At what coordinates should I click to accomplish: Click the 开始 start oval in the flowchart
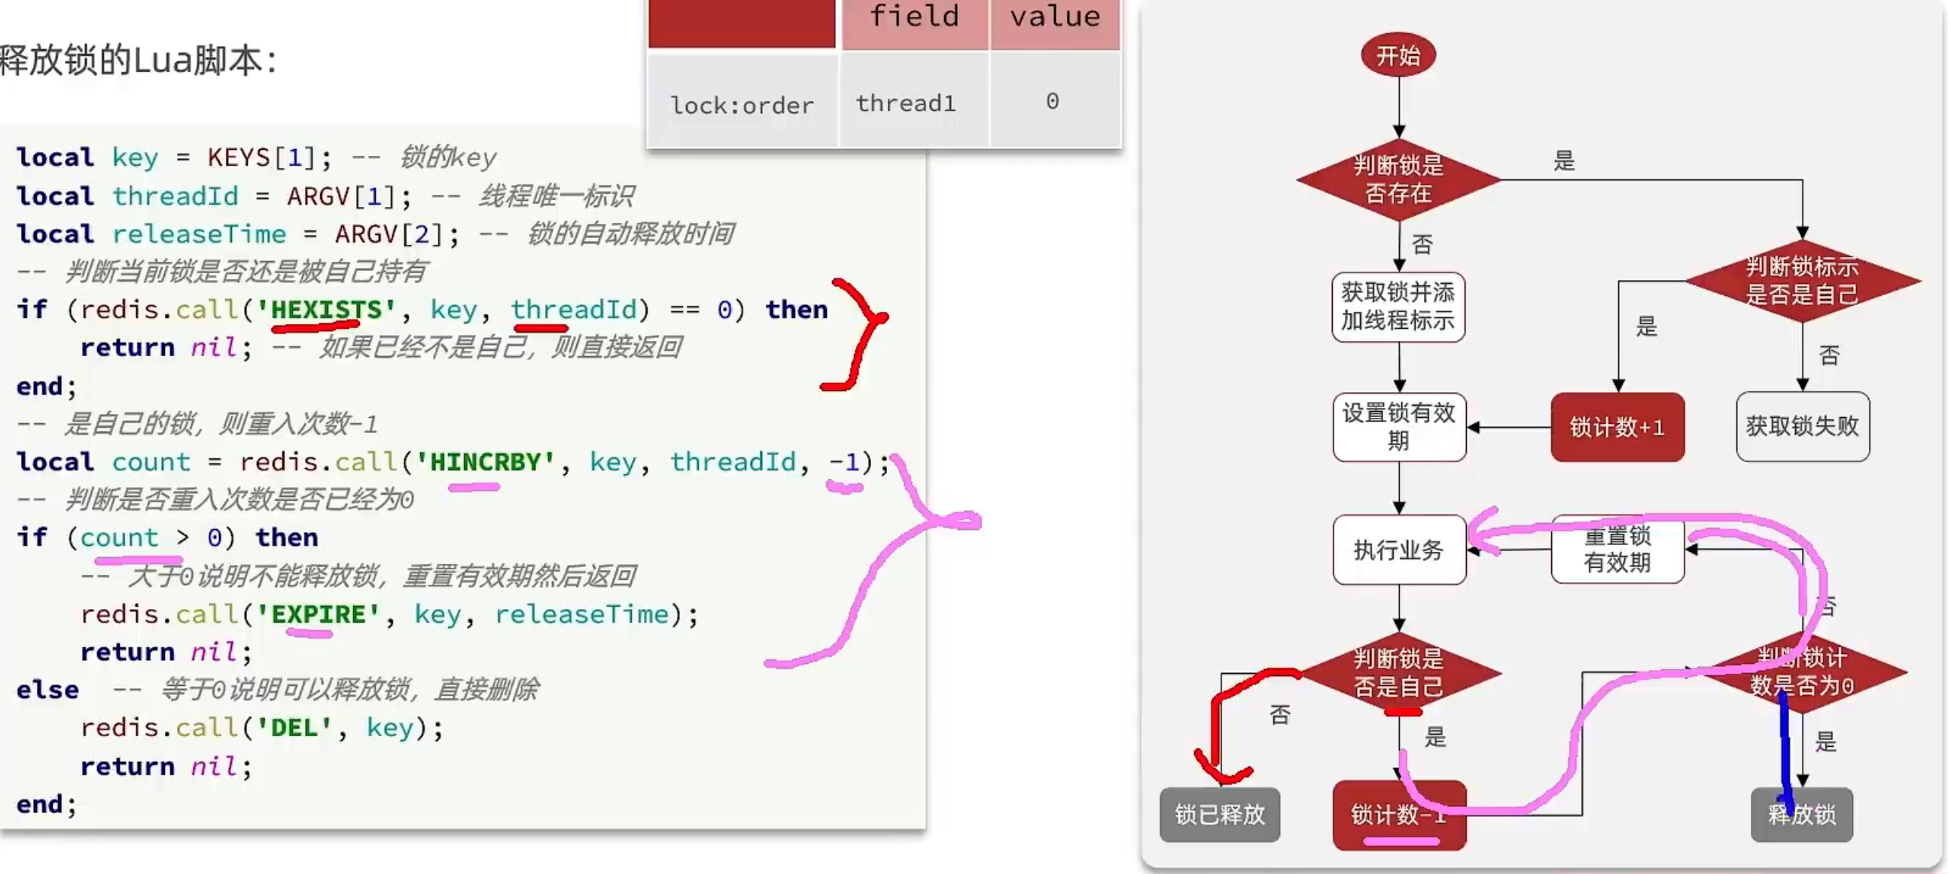1398,55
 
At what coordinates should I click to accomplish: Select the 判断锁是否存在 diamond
1398,179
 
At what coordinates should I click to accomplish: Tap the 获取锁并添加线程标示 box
1398,306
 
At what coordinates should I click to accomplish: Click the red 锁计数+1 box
1617,426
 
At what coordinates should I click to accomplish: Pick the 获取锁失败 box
1802,425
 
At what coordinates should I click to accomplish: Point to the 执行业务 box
1398,550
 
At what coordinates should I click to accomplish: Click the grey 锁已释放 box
1219,815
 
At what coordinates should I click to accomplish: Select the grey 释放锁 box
1801,815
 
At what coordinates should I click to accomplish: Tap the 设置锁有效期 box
1398,426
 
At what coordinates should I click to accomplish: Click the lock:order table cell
742,105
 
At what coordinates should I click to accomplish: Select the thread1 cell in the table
906,103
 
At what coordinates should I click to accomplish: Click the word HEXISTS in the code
326,309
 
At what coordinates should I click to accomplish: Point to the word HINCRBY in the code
485,461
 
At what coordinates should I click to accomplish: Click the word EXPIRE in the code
318,614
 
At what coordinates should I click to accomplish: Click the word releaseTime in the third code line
199,233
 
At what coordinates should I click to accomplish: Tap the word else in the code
47,690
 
